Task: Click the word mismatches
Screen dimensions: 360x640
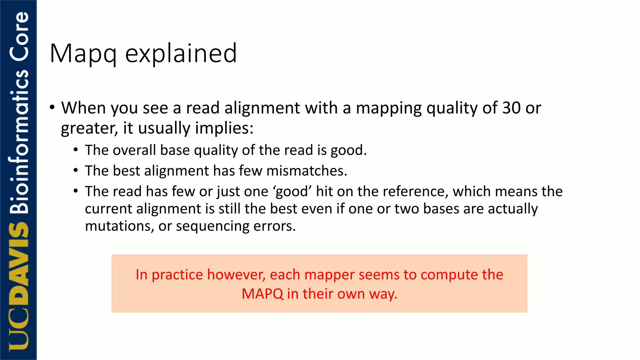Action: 307,171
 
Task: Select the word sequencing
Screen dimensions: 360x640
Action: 212,226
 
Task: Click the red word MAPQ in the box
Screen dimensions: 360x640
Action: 262,294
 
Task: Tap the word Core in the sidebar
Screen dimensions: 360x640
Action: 19,36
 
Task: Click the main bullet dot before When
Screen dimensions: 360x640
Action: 52,107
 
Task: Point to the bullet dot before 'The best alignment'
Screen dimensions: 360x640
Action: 76,171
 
